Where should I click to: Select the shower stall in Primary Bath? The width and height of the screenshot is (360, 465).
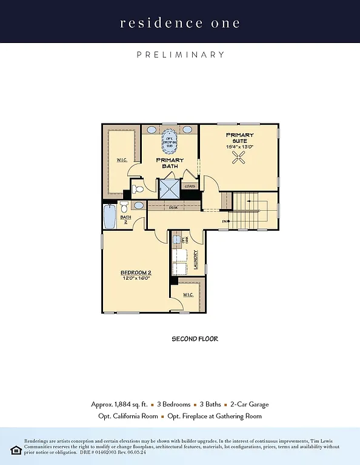(x=169, y=189)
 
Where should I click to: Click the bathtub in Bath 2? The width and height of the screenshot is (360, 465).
(x=109, y=217)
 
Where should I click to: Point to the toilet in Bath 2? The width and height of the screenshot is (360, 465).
(x=125, y=206)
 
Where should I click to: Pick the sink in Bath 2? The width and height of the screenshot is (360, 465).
(x=139, y=206)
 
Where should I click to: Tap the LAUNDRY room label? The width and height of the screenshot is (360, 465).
(x=196, y=260)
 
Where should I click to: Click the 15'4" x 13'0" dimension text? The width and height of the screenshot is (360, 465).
(x=239, y=147)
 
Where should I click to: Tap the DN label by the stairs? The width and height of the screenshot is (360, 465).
(x=224, y=222)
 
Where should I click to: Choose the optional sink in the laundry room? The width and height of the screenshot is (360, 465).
(x=179, y=240)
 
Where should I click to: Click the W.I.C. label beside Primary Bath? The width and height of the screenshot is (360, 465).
(x=121, y=160)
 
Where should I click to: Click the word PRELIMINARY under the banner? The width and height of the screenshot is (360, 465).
(x=180, y=54)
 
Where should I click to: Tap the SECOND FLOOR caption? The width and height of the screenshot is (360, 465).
(x=195, y=339)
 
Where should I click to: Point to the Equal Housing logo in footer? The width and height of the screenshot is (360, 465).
(x=16, y=450)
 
